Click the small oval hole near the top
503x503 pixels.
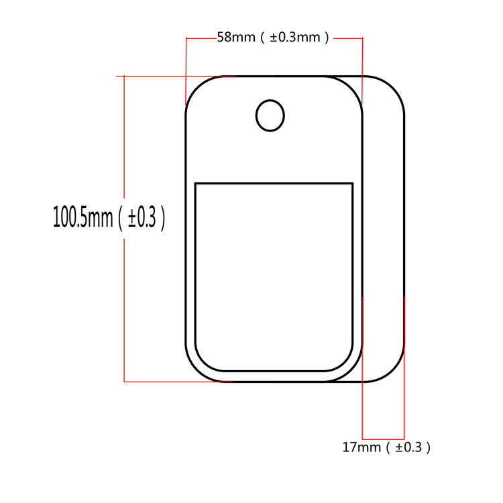270,115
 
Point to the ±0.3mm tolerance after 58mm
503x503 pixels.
298,38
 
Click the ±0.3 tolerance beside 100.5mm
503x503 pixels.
142,217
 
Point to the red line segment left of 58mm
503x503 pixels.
201,38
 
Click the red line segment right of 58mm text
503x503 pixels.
348,38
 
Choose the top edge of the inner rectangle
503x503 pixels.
274,183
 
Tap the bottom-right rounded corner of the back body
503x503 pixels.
393,371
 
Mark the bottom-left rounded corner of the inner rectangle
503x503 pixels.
203,363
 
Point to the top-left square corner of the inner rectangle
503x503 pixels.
195,183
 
